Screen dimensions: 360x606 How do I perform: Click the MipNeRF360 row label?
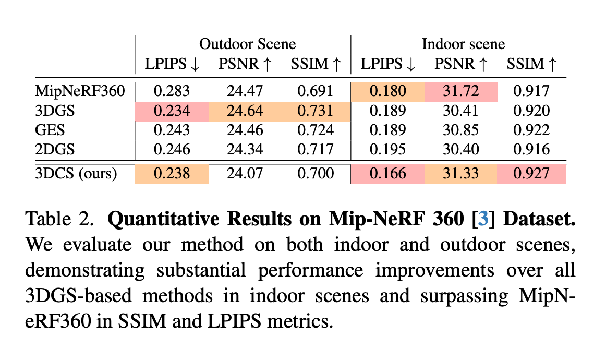point(80,91)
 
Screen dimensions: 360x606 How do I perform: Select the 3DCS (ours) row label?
point(76,173)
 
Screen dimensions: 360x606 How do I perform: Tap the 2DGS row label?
point(55,150)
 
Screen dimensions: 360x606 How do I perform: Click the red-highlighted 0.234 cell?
point(172,111)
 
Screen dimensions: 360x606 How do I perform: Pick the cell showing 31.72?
point(461,91)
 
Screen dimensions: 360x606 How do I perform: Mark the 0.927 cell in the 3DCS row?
point(531,173)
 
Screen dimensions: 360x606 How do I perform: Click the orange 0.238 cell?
point(172,173)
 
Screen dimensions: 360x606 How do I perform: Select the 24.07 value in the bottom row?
point(245,173)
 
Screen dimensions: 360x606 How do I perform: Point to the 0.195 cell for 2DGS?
point(388,150)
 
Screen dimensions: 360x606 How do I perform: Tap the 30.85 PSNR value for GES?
point(461,130)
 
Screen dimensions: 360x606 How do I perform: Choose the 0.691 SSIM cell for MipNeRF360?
point(315,91)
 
